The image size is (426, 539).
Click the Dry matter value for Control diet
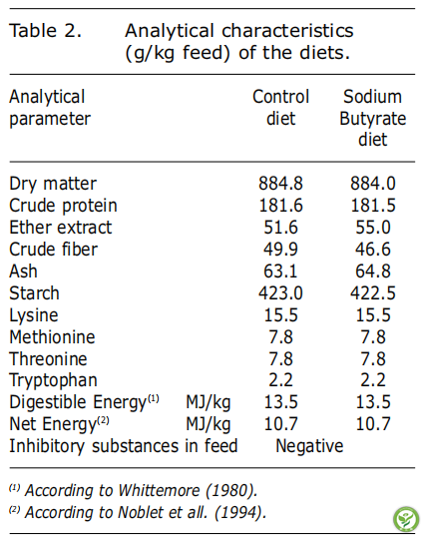click(280, 184)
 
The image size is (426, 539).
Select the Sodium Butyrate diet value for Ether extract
click(373, 228)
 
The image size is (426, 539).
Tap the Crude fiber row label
click(53, 250)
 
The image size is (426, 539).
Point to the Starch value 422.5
click(373, 293)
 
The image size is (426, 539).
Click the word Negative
click(309, 446)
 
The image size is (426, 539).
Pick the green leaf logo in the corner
click(406, 519)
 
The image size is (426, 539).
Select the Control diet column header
click(281, 107)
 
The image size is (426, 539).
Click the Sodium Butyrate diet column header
click(373, 118)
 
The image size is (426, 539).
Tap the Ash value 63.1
click(280, 271)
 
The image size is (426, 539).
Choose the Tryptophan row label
click(53, 380)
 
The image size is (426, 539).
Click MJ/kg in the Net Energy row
click(209, 424)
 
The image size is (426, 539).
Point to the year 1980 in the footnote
click(231, 490)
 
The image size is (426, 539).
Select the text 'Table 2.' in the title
click(45, 31)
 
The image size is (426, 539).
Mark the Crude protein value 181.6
click(280, 206)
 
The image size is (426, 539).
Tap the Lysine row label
click(34, 315)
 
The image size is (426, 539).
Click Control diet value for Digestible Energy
click(280, 402)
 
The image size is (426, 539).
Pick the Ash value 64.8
click(373, 271)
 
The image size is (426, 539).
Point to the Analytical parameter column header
click(50, 108)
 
